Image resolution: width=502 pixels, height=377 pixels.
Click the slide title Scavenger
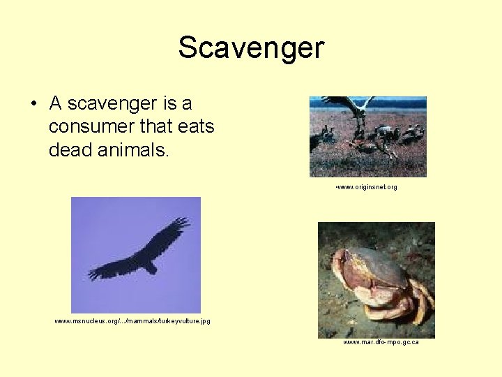tap(251, 48)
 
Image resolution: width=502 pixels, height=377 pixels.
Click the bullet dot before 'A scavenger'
tap(33, 105)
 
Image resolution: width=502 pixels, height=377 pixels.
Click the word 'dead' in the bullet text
tap(68, 149)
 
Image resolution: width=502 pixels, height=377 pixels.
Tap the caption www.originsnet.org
tap(367, 187)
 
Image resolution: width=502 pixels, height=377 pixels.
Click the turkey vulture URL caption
tap(132, 321)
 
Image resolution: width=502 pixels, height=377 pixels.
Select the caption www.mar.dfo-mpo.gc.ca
tap(381, 342)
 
